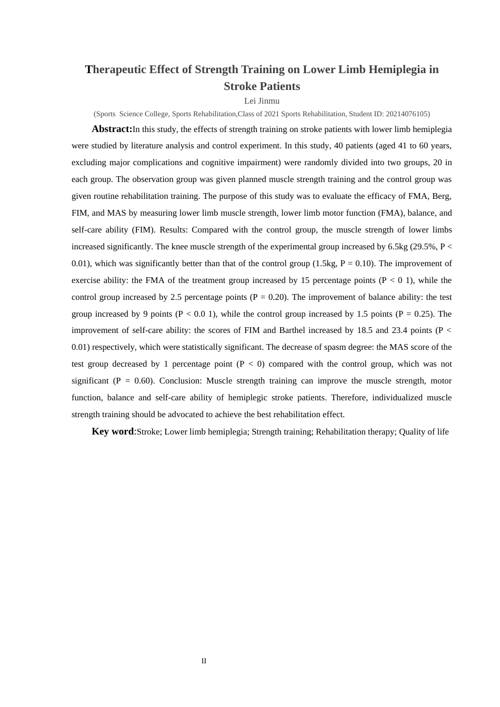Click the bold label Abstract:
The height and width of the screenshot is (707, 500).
112,129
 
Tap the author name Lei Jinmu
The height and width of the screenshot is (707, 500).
262,100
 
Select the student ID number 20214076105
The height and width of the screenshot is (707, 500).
407,114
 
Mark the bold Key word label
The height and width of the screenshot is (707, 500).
113,431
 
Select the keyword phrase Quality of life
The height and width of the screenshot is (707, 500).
424,432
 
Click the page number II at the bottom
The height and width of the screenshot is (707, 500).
204,661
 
